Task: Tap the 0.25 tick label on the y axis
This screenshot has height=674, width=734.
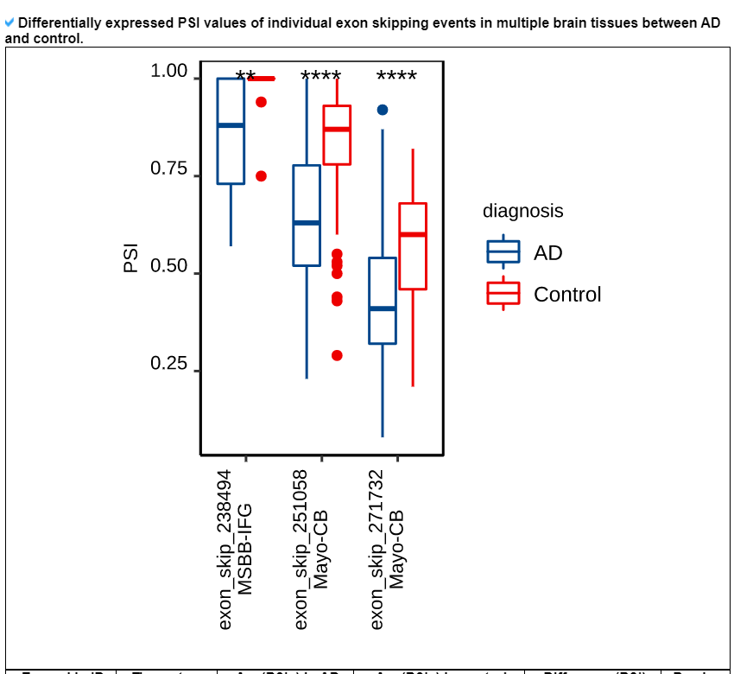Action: click(x=168, y=364)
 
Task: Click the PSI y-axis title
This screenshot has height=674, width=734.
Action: click(x=131, y=258)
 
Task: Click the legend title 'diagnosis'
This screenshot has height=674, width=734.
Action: click(x=522, y=211)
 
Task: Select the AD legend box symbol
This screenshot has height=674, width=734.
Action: click(x=503, y=252)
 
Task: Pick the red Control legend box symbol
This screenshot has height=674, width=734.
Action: click(x=503, y=294)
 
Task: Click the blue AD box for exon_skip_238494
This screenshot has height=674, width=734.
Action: click(x=231, y=131)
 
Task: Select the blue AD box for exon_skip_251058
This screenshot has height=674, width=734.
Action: click(x=307, y=215)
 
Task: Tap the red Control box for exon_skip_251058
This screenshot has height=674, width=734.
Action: click(x=337, y=135)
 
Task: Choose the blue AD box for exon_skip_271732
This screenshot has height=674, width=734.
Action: click(x=383, y=301)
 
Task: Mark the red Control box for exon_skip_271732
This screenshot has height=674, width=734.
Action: click(x=413, y=246)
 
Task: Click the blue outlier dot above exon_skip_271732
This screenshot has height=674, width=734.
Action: click(x=383, y=110)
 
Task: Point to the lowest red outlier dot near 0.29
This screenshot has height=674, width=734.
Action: click(x=337, y=355)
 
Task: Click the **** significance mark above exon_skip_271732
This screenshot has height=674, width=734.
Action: click(x=396, y=77)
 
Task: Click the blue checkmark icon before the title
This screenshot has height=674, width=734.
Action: click(x=9, y=22)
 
